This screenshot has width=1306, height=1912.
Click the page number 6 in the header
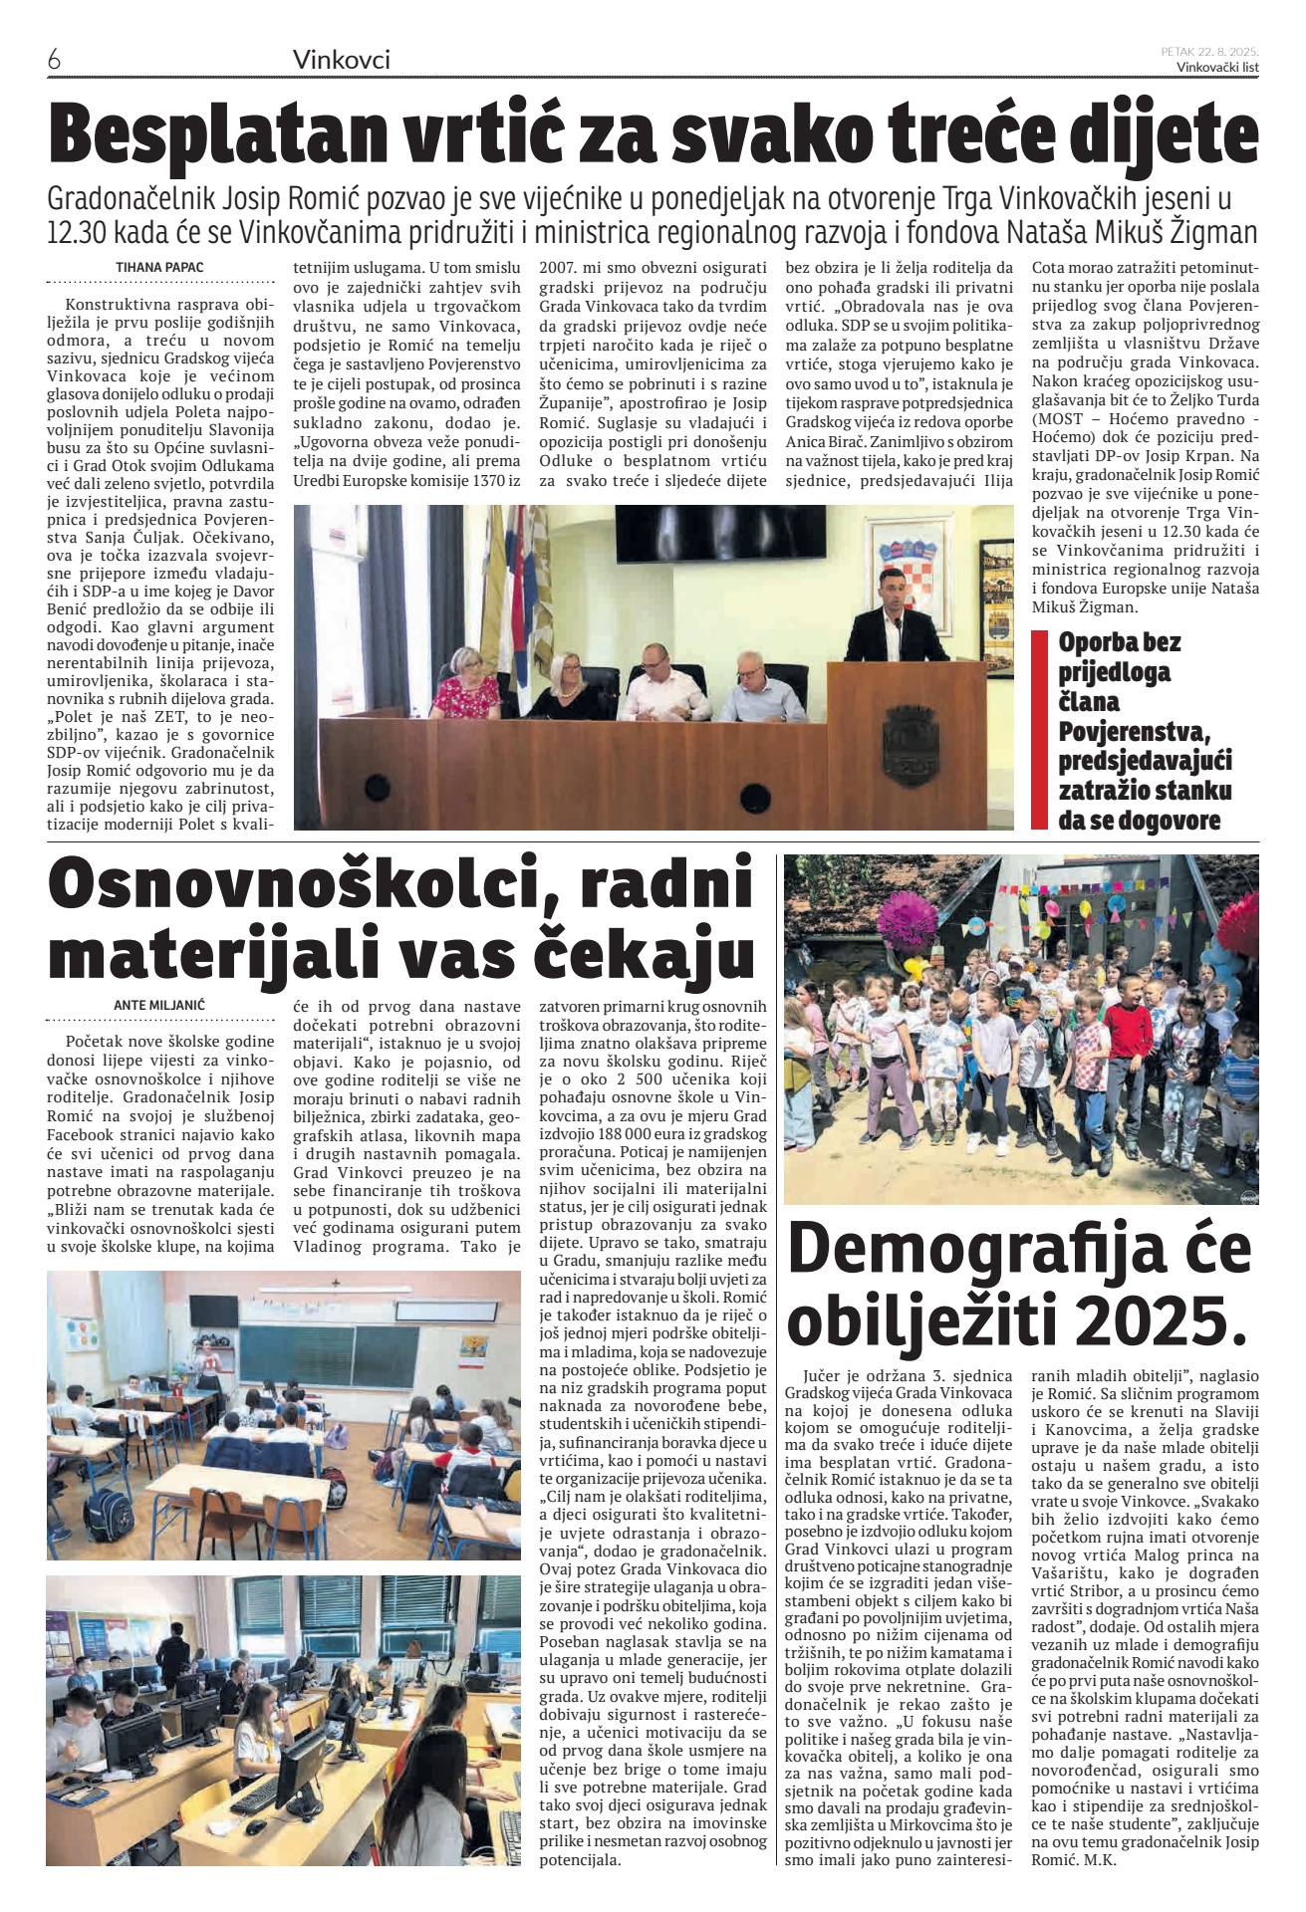pyautogui.click(x=55, y=60)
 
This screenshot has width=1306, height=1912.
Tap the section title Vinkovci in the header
pyautogui.click(x=342, y=61)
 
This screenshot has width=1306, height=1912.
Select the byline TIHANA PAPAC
pyautogui.click(x=159, y=267)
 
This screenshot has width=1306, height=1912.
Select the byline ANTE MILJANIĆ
pyautogui.click(x=158, y=1005)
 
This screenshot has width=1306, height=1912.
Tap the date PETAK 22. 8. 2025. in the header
pyautogui.click(x=1209, y=51)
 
